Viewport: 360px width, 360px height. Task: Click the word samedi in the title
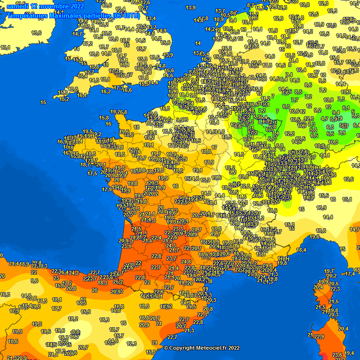click(x=17, y=7)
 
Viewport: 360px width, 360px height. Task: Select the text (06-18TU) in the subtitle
click(x=126, y=15)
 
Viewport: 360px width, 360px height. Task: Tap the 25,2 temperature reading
click(x=118, y=282)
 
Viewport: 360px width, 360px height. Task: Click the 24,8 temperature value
click(x=186, y=262)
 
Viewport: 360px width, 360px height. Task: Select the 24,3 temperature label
click(x=171, y=246)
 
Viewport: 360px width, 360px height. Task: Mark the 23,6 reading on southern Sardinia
click(x=337, y=355)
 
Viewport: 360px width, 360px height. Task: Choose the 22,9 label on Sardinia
click(x=319, y=337)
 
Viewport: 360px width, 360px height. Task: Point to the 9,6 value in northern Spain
click(x=35, y=281)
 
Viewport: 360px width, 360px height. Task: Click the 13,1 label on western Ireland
click(x=5, y=47)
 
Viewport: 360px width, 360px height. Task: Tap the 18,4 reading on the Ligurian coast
click(x=301, y=250)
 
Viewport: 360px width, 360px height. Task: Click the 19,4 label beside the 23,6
click(x=349, y=353)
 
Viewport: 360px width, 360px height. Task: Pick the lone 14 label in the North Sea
click(x=198, y=43)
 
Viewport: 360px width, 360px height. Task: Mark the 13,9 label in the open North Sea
click(x=190, y=7)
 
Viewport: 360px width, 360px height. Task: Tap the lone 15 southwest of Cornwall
click(x=43, y=102)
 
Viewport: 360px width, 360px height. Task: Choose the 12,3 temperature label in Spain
click(x=132, y=344)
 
